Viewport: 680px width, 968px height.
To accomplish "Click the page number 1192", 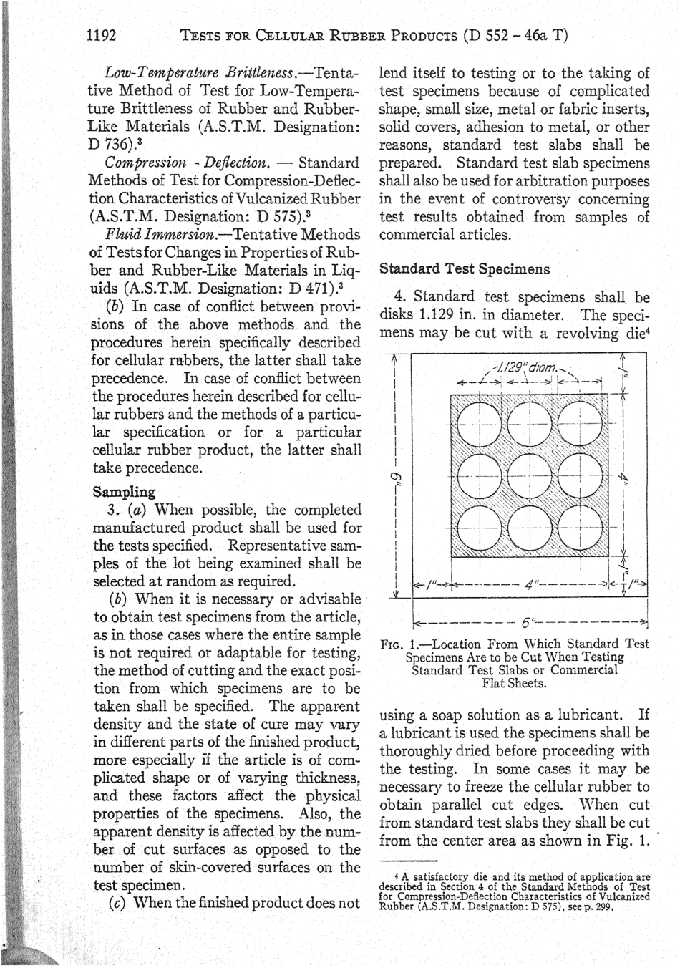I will pyautogui.click(x=101, y=35).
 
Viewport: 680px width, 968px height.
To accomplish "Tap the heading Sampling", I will pyautogui.click(x=124, y=492).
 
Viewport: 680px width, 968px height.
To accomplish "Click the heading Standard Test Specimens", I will pyautogui.click(x=465, y=269).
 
